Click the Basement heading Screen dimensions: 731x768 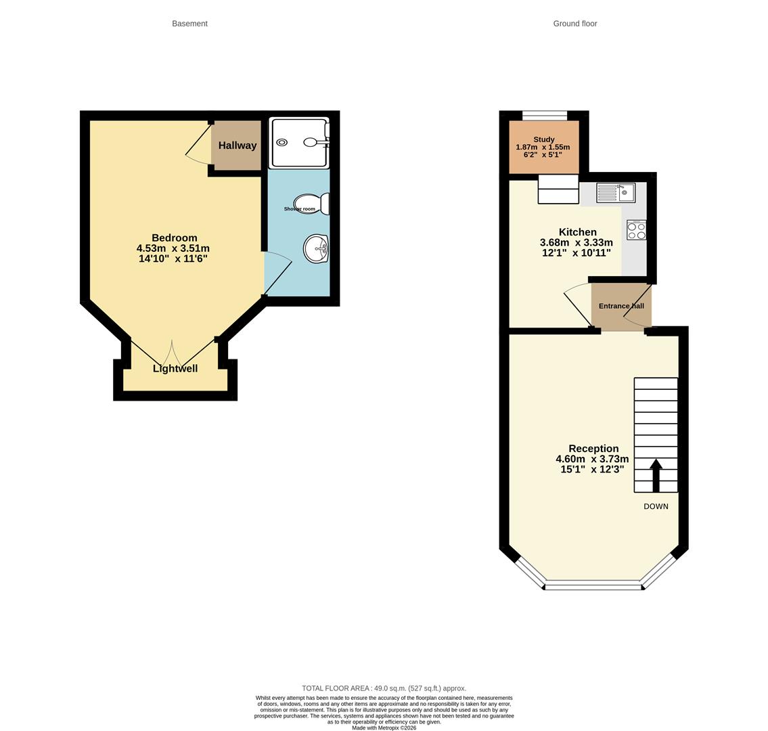pos(189,24)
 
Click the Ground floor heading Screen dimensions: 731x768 pos(574,24)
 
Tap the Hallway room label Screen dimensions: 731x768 pos(237,146)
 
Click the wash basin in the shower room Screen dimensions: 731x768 pos(316,248)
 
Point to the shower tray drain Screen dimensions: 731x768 pos(281,143)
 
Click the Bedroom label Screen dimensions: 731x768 pos(175,238)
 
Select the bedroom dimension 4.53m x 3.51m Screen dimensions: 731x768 pos(173,248)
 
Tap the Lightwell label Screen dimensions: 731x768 pos(175,369)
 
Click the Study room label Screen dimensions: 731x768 pos(543,139)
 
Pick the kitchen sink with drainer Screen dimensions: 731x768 pos(615,193)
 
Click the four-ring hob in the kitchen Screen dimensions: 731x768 pos(636,231)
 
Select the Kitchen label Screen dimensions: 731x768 pos(577,232)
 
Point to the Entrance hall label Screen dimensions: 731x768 pos(620,306)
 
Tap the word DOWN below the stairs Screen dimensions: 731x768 pos(656,506)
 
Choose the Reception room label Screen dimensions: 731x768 pos(593,449)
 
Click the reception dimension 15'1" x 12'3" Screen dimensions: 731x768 pos(592,469)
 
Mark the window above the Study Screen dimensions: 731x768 pos(545,116)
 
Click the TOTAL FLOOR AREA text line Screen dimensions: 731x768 pos(384,688)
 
